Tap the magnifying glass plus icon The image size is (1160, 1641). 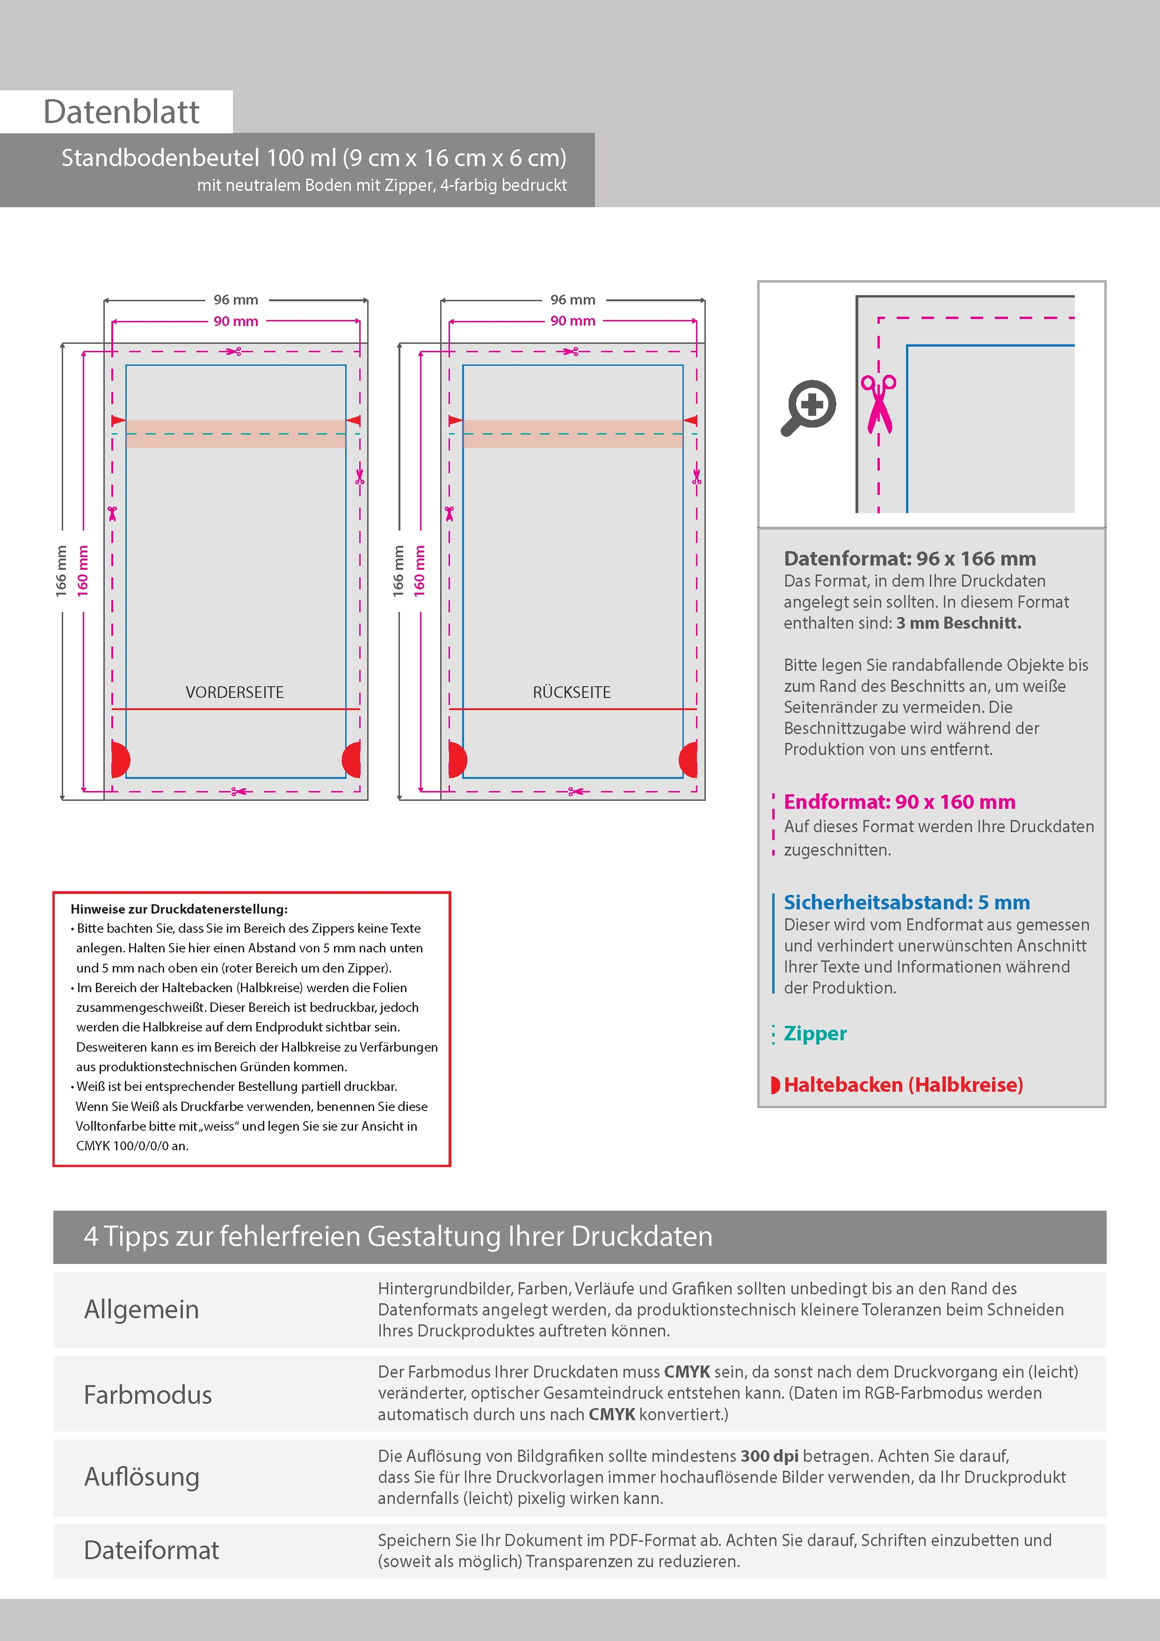[808, 407]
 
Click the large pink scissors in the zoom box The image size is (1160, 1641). [878, 404]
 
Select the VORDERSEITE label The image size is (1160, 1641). [234, 692]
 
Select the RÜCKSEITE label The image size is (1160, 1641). [571, 692]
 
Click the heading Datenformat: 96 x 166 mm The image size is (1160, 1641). [909, 558]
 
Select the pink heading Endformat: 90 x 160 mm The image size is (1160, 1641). [899, 802]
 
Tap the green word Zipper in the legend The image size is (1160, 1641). [815, 1033]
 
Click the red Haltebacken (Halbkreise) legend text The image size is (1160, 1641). [903, 1085]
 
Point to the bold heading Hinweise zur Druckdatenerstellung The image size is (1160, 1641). [179, 909]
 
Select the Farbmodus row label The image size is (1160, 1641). [148, 1394]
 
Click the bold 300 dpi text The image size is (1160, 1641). [769, 1456]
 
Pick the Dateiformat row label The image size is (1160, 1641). [152, 1549]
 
